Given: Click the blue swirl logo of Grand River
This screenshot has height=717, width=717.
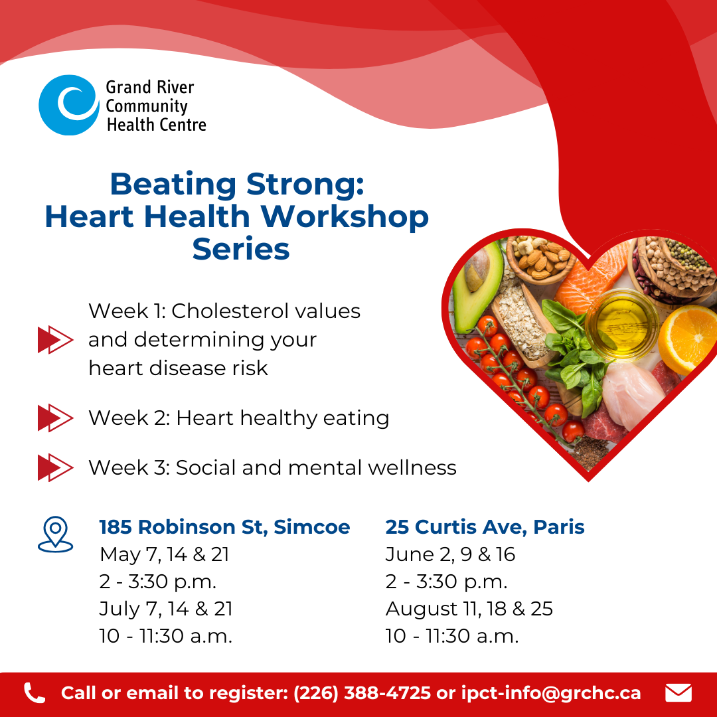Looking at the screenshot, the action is (x=68, y=105).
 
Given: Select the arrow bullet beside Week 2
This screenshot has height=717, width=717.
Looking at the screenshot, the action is (x=55, y=418).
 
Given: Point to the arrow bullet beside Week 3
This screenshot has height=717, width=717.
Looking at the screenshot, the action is (x=55, y=467).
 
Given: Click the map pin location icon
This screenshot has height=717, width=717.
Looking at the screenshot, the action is (x=55, y=534).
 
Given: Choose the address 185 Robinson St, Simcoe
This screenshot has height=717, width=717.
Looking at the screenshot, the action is (x=224, y=527).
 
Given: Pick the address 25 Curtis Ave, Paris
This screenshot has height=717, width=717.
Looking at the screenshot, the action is (x=485, y=527).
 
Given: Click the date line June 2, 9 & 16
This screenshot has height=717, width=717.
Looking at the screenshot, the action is (x=450, y=554).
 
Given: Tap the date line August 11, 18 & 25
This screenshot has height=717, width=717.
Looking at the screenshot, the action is (x=469, y=609).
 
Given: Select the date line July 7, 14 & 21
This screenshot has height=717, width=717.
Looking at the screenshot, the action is (x=166, y=609).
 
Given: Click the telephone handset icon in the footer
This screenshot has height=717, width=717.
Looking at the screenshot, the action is (x=35, y=692).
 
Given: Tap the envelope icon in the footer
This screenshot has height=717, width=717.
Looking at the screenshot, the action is (x=678, y=692).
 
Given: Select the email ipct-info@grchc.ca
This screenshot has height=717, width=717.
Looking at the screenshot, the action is (x=551, y=692).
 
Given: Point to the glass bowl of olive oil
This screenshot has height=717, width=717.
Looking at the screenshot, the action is (x=621, y=324).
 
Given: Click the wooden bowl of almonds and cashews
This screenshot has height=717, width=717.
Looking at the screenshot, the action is (x=540, y=259).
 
